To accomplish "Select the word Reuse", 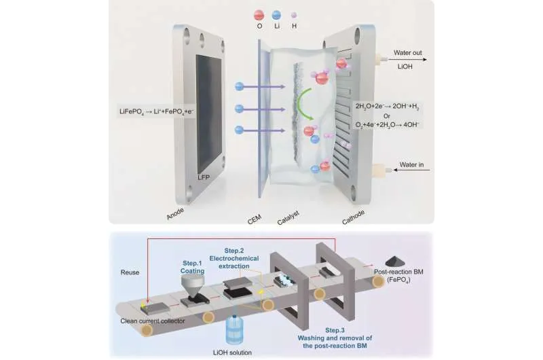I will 131,272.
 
